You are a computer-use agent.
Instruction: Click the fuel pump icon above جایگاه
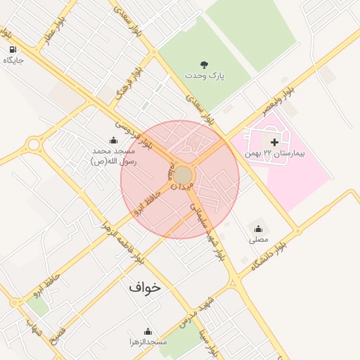pyautogui.click(x=13, y=49)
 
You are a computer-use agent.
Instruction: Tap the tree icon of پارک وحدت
pyautogui.click(x=205, y=64)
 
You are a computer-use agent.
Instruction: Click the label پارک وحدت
pyautogui.click(x=205, y=75)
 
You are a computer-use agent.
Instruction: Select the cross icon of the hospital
pyautogui.click(x=274, y=143)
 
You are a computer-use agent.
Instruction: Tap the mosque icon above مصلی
pyautogui.click(x=259, y=229)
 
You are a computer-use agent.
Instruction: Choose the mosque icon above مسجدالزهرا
pyautogui.click(x=148, y=331)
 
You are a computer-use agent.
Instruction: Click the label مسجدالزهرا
pyautogui.click(x=148, y=342)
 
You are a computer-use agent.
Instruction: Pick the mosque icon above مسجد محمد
pyautogui.click(x=113, y=140)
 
